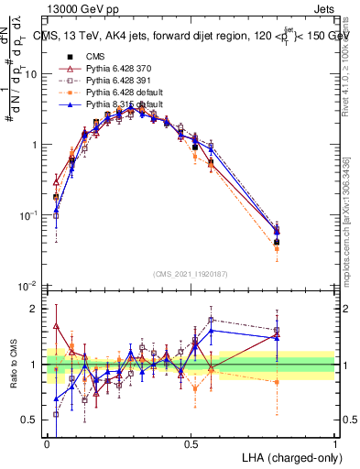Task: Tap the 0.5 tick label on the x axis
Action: pyautogui.click(x=191, y=443)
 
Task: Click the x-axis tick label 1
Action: pyautogui.click(x=334, y=443)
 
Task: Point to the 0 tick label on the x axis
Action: pyautogui.click(x=47, y=443)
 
